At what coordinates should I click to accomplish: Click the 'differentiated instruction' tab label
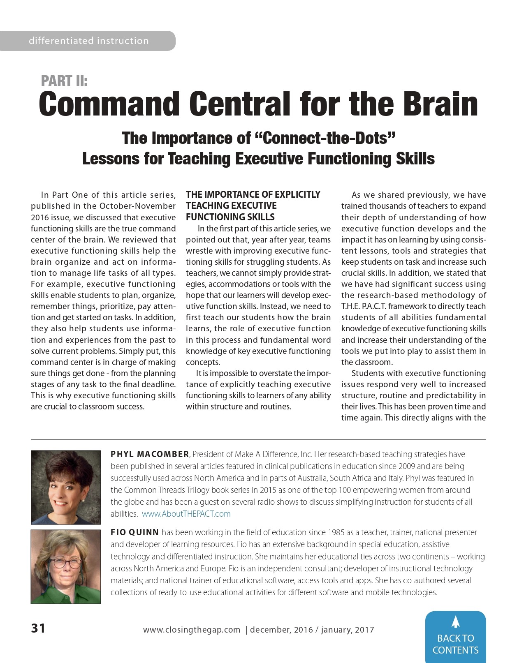click(88, 41)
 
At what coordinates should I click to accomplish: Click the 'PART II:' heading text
click(64, 81)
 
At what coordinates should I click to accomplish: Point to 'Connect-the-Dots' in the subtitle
click(325, 138)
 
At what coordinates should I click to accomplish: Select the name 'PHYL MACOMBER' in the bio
click(150, 454)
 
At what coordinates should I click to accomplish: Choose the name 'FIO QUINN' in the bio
click(134, 532)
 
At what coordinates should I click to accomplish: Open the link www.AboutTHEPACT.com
click(186, 514)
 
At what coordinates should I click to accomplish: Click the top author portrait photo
click(66, 487)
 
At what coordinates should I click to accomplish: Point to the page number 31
click(38, 628)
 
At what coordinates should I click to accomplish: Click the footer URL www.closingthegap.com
click(192, 630)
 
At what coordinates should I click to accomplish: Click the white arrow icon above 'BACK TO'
click(455, 622)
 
